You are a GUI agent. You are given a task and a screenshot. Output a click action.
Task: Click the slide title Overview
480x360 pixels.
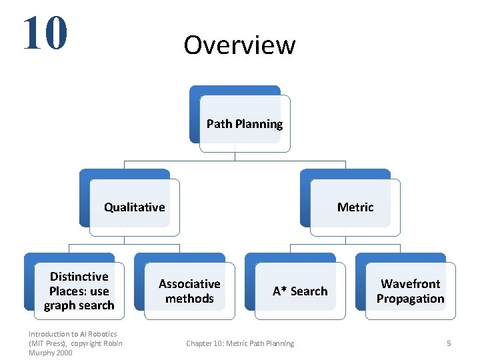click(x=239, y=45)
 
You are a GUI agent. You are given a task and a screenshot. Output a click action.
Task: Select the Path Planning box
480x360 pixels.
click(x=244, y=124)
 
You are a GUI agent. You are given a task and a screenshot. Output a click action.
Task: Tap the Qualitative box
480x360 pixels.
click(x=134, y=207)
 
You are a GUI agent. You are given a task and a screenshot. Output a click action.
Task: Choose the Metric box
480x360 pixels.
click(x=355, y=207)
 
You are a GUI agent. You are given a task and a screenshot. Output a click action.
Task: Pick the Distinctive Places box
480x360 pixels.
click(x=79, y=291)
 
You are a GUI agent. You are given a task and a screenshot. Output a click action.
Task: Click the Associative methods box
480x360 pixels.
click(x=189, y=291)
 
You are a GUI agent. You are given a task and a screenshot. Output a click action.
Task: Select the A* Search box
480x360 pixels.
click(x=300, y=291)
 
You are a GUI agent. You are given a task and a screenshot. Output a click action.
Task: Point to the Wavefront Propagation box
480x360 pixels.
click(x=410, y=291)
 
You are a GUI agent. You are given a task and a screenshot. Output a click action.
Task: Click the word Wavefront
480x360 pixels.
click(x=410, y=284)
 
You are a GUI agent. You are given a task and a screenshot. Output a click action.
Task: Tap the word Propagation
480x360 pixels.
click(x=410, y=299)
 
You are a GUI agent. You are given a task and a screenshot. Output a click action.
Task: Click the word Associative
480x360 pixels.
click(x=189, y=284)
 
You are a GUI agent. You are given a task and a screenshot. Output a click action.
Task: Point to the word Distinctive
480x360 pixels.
click(x=79, y=277)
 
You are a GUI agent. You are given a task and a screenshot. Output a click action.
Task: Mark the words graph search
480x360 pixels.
click(x=79, y=305)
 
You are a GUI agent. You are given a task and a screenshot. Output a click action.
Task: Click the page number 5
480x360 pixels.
click(x=449, y=343)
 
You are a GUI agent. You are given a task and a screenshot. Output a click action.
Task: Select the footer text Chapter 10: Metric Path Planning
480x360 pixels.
click(x=240, y=343)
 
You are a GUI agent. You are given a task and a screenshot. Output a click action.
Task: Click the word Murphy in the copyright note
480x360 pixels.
click(x=42, y=353)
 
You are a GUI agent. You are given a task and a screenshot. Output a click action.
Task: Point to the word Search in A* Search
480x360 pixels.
click(x=309, y=291)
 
